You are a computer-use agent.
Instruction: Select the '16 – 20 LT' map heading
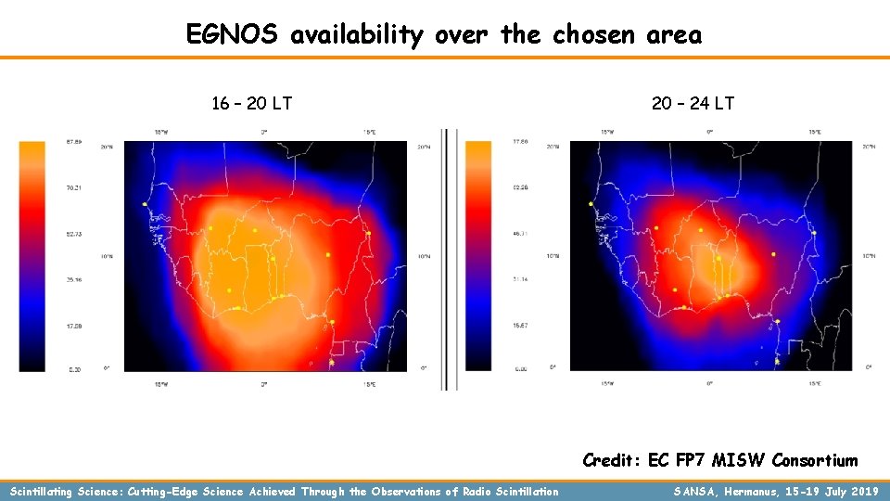point(252,103)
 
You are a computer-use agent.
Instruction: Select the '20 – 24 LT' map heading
point(693,103)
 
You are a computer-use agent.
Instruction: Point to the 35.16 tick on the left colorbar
point(72,278)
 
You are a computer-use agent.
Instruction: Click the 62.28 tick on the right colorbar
point(519,187)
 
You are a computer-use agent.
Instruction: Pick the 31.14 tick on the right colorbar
point(519,278)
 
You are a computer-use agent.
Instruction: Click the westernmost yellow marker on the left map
point(145,204)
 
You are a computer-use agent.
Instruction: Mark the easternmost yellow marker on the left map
point(368,234)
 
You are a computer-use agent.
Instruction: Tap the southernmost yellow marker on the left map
point(332,362)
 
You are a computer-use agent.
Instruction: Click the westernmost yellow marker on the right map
point(591,204)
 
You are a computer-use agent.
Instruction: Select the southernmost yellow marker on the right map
point(777,361)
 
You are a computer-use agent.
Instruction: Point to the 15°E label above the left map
point(369,133)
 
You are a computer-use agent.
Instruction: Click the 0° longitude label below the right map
point(709,381)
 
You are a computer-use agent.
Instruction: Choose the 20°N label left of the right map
point(553,147)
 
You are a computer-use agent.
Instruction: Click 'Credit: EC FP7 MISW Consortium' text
point(719,460)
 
